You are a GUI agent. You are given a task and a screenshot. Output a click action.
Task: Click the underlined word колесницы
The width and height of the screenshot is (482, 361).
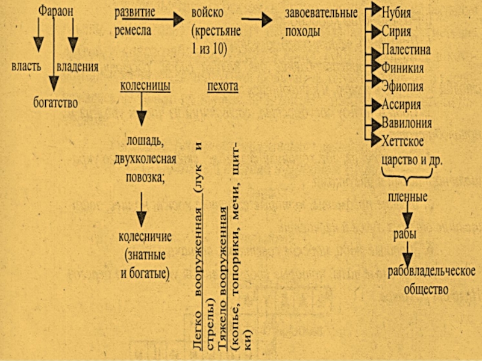tap(145, 87)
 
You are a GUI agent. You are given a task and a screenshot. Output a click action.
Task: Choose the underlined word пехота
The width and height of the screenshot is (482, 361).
tap(222, 87)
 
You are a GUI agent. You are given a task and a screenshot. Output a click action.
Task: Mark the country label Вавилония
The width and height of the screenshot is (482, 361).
tap(407, 123)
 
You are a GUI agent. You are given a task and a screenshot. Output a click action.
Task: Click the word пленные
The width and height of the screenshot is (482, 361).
tap(407, 197)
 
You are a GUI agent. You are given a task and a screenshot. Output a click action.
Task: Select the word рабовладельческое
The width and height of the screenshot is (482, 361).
tap(433, 271)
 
